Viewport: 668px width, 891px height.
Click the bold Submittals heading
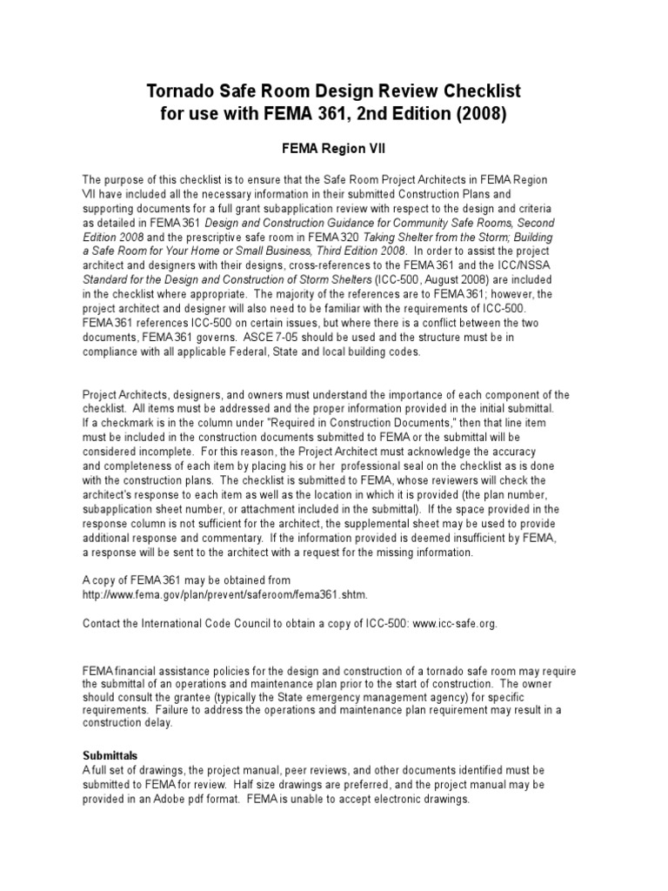pyautogui.click(x=110, y=755)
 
